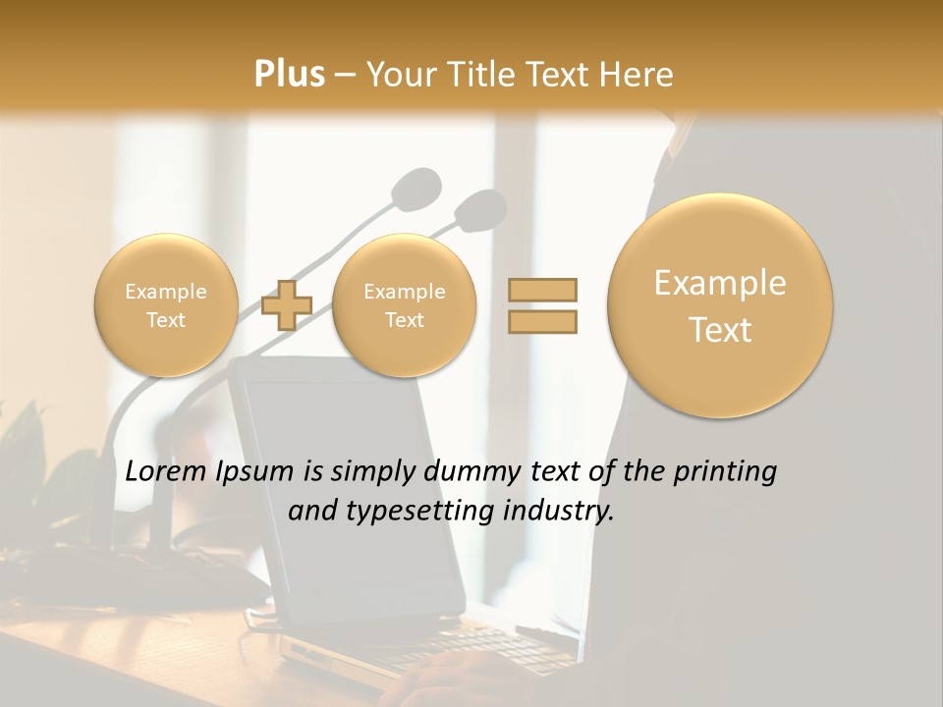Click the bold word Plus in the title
[x=289, y=75]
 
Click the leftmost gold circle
[x=165, y=305]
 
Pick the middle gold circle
[x=404, y=305]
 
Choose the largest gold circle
[x=720, y=305]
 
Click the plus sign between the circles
[x=287, y=304]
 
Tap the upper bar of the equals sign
[x=542, y=290]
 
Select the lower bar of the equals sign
[x=542, y=321]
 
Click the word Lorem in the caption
[x=166, y=472]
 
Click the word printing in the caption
[x=726, y=472]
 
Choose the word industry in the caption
[x=563, y=511]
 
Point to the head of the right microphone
[x=480, y=207]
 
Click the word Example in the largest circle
[x=720, y=283]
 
